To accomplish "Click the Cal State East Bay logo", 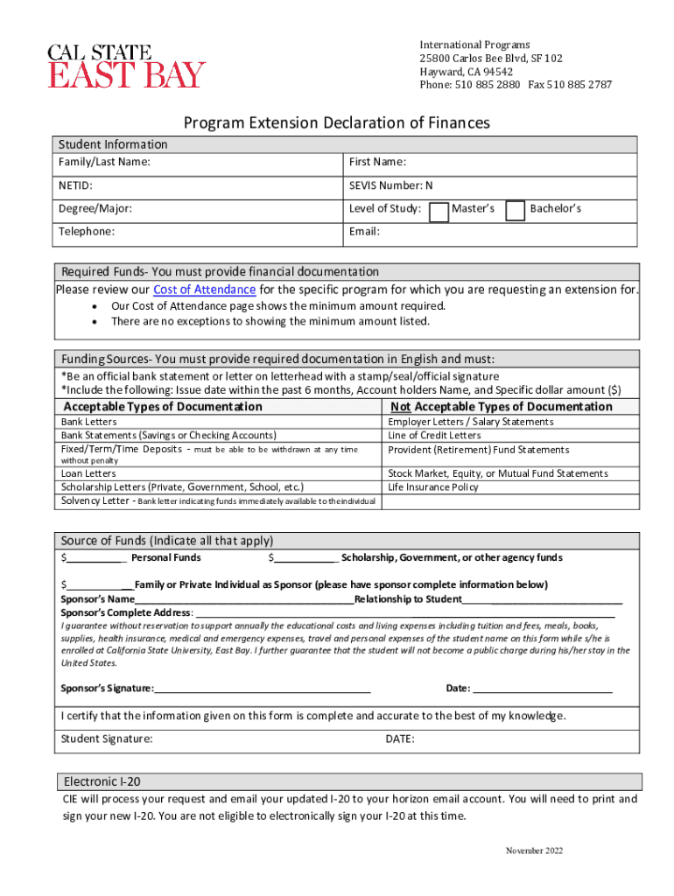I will coord(127,66).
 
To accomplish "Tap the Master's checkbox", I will coord(439,210).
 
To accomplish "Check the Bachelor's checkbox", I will coord(516,210).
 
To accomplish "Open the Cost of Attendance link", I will coord(204,290).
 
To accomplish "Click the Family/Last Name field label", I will coord(104,162).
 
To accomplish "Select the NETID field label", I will coord(75,185).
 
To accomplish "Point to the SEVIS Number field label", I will coord(390,185).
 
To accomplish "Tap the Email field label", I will coord(364,232).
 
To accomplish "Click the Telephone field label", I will coord(85,232).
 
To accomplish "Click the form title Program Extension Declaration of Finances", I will coord(336,122).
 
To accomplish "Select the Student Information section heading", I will coord(112,144).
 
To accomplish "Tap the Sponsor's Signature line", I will coord(263,689).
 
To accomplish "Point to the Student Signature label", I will coord(106,739).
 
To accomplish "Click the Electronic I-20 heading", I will coord(102,781).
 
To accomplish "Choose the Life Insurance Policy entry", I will coord(432,487).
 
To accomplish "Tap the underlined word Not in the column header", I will coord(400,407).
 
